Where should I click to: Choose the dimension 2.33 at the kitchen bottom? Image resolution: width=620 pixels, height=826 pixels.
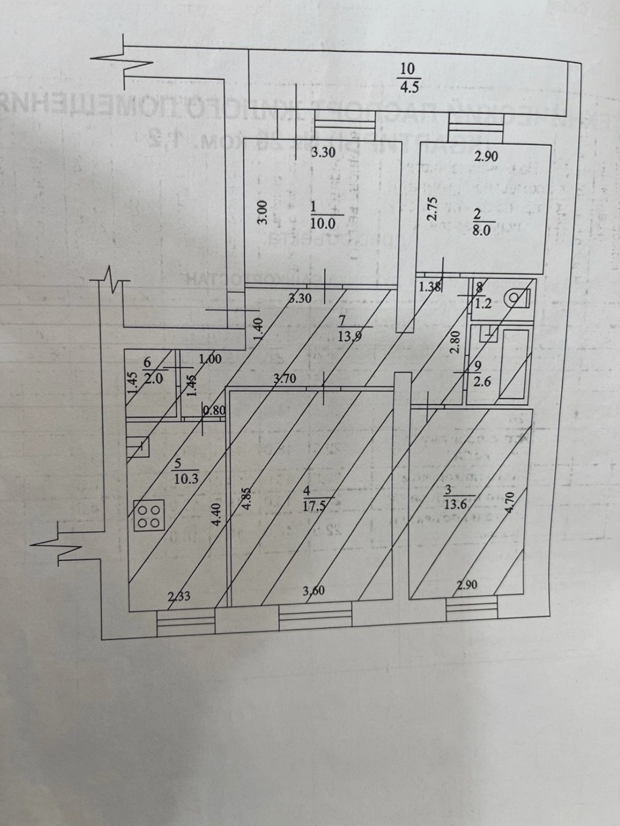coord(179,596)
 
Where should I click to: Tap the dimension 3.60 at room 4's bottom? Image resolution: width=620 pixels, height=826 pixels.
coord(313,590)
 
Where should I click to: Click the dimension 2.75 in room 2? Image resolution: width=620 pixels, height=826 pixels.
coord(432,208)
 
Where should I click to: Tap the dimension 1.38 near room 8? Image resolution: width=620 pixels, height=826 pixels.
coord(430,287)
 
